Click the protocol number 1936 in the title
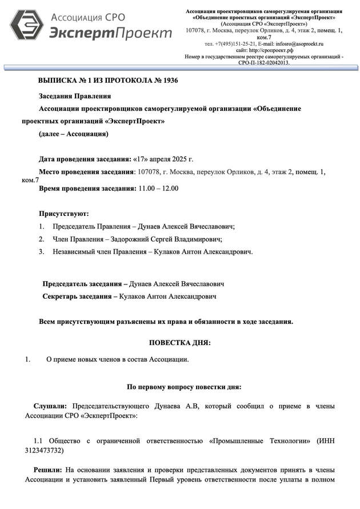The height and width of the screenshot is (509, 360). coord(170,81)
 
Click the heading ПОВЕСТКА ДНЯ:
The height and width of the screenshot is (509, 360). coord(180,343)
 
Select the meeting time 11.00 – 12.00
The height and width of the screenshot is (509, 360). coord(154,188)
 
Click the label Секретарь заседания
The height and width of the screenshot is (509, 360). coord(77,296)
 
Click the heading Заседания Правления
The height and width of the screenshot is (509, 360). coord(75,96)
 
